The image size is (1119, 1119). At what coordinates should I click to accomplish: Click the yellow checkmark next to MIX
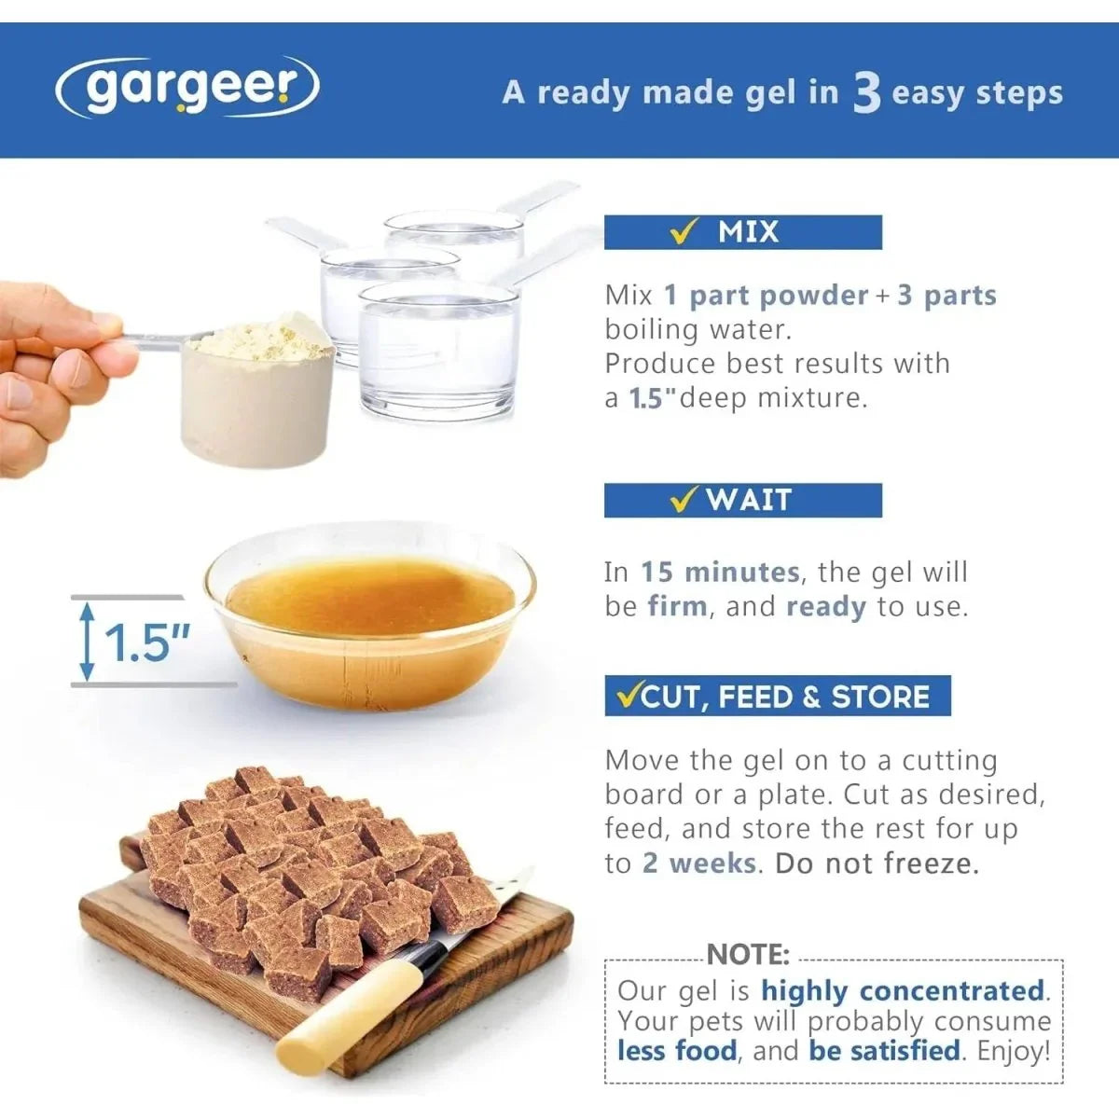pyautogui.click(x=683, y=232)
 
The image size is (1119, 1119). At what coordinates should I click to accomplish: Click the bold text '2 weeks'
pyautogui.click(x=698, y=863)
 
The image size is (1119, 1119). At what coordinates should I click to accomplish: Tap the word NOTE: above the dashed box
pyautogui.click(x=748, y=954)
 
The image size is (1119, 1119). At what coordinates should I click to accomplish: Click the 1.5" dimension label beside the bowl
pyautogui.click(x=146, y=644)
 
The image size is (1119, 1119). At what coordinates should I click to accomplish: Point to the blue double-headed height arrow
pyautogui.click(x=87, y=641)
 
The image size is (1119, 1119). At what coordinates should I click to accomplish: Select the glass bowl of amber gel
pyautogui.click(x=370, y=615)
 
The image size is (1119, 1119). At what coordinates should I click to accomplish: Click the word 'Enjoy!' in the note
pyautogui.click(x=1014, y=1051)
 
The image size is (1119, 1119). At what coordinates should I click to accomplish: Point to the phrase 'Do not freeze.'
pyautogui.click(x=877, y=863)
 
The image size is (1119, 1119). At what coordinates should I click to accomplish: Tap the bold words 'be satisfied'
pyautogui.click(x=884, y=1051)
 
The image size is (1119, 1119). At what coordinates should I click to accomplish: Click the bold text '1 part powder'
pyautogui.click(x=766, y=297)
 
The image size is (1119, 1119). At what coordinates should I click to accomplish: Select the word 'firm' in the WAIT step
pyautogui.click(x=678, y=607)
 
